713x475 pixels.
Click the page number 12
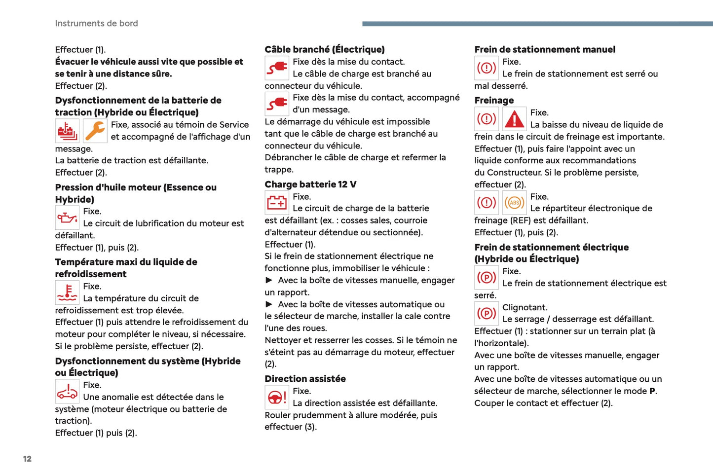point(27,459)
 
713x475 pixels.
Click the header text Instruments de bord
point(96,23)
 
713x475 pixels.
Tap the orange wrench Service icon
point(95,131)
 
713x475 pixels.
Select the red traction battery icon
point(67,131)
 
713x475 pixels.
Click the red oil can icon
point(67,218)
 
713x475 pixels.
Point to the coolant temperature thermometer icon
point(67,292)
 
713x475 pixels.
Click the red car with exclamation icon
point(67,391)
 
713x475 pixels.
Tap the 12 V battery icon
point(277,202)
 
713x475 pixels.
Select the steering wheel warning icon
point(277,397)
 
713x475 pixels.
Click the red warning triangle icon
point(514,119)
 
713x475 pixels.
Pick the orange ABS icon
point(514,203)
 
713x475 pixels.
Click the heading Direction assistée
point(305,379)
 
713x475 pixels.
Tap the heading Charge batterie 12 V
point(310,184)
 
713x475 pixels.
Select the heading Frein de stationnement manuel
point(545,49)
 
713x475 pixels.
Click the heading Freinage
point(494,100)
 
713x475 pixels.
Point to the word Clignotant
point(525,307)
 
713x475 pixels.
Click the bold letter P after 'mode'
point(652,391)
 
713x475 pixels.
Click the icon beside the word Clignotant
point(487,313)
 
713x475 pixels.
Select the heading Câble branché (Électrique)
point(324,49)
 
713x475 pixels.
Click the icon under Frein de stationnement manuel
point(487,68)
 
